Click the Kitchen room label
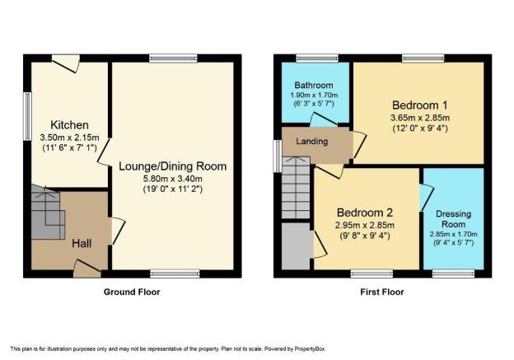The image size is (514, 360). (x=69, y=125)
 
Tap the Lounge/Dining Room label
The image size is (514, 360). (x=172, y=166)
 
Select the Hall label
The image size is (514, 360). (x=82, y=243)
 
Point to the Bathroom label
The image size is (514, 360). (x=314, y=85)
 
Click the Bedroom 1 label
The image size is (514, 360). (x=420, y=105)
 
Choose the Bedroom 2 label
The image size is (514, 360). (x=365, y=213)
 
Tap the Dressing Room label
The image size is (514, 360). (x=454, y=219)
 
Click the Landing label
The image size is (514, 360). (x=311, y=142)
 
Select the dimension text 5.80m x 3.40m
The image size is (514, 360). (x=172, y=179)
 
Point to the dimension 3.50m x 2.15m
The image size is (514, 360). (x=69, y=138)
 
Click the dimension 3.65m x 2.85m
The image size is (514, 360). (x=420, y=118)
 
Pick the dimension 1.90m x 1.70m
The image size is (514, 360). (x=314, y=96)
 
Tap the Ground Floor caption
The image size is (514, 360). (x=132, y=292)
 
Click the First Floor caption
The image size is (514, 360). (x=382, y=292)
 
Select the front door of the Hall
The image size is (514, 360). (x=86, y=269)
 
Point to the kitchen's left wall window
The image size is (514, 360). (x=27, y=116)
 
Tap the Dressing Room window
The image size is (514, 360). (x=453, y=274)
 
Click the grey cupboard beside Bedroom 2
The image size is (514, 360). (x=296, y=246)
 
